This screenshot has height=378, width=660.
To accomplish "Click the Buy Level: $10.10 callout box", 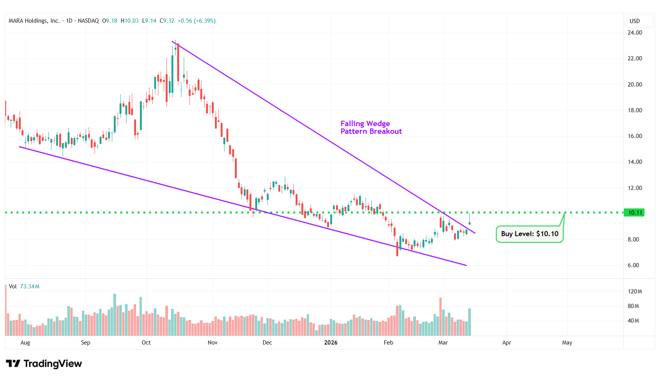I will point(529,234).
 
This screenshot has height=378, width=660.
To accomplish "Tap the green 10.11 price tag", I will point(635,213).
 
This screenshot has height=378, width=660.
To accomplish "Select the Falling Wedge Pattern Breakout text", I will point(371,127).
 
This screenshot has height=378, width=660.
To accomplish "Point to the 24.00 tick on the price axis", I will point(635,33).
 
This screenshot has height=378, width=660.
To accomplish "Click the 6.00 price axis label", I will point(633,265).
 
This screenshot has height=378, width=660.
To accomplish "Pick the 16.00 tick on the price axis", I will point(635,136).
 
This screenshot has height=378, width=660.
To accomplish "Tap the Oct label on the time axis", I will point(146,343).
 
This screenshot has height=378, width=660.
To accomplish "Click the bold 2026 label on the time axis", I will point(331,343).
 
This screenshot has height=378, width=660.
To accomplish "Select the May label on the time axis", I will point(567,343).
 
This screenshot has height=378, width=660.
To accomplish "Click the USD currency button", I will point(635,21).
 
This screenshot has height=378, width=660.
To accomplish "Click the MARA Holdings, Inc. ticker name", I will point(34,21).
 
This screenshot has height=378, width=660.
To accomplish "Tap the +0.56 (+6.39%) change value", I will point(196,21).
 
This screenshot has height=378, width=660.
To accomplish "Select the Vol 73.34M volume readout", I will point(24,286).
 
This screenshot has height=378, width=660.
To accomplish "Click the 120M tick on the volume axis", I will point(635,291).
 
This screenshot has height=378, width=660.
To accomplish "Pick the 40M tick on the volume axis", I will point(633,321).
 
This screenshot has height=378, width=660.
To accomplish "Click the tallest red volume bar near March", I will point(441,316).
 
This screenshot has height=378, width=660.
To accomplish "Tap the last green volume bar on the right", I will point(469,322).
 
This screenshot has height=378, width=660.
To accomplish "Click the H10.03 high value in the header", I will point(130,21).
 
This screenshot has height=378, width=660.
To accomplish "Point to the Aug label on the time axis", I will point(25,343).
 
